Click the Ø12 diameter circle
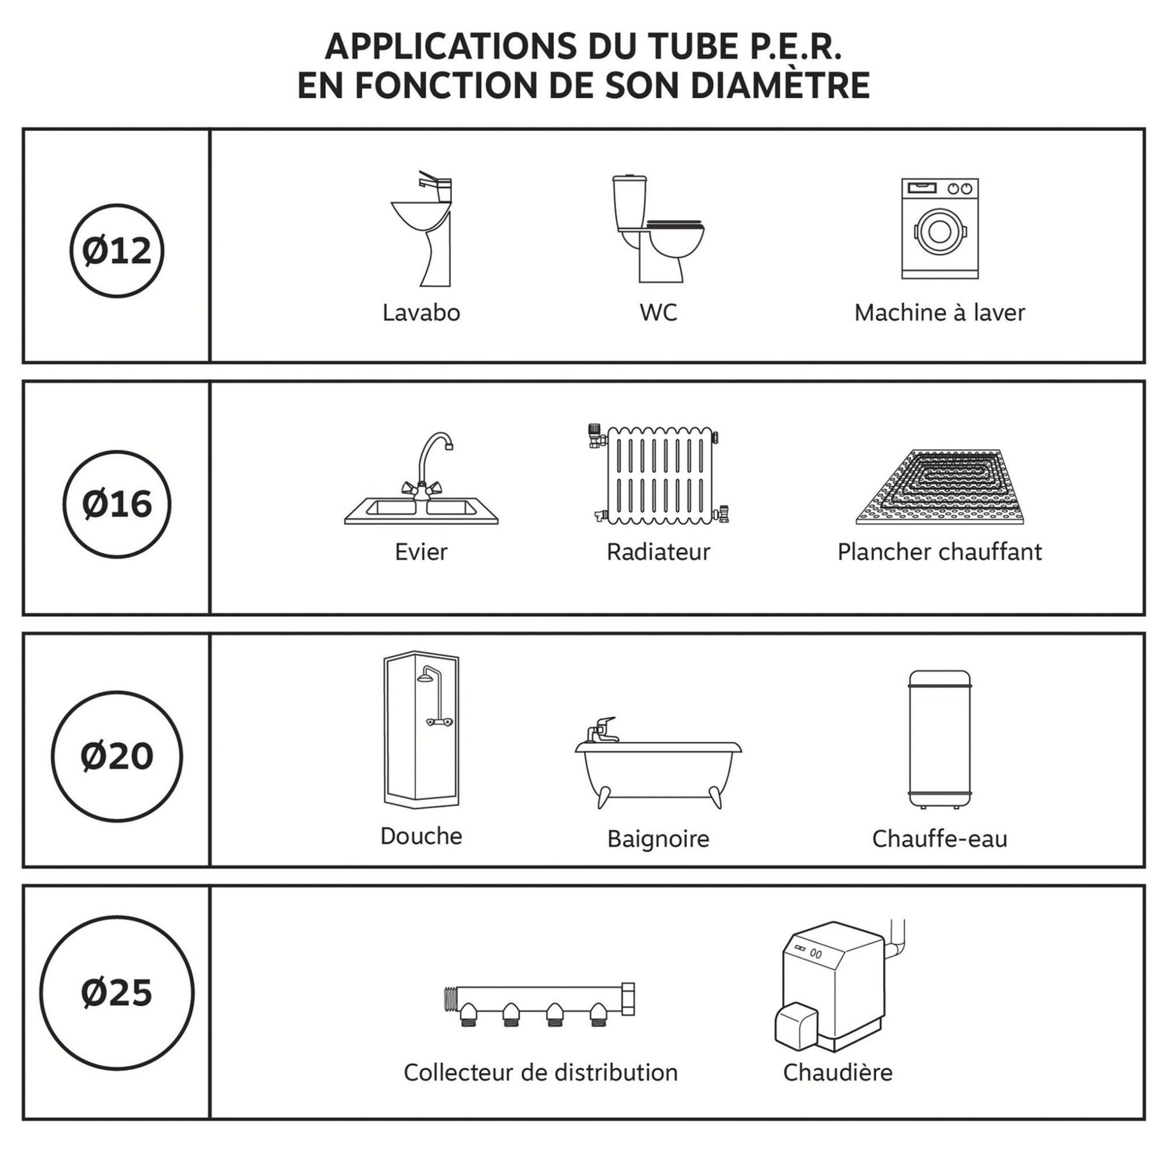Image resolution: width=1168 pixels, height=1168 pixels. coord(117,251)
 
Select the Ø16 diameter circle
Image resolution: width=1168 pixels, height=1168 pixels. coord(117,503)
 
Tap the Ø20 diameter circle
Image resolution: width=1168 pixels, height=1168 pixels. coord(117,756)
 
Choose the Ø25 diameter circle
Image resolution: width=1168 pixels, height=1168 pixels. coord(117,993)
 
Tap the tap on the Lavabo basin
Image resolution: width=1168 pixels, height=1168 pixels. coord(434,185)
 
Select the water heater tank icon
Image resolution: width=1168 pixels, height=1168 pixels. coord(940,739)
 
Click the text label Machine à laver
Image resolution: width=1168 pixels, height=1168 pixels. coord(939,312)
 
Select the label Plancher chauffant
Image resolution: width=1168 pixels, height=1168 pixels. coord(939,551)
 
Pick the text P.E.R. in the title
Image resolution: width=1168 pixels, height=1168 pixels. coord(794,47)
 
